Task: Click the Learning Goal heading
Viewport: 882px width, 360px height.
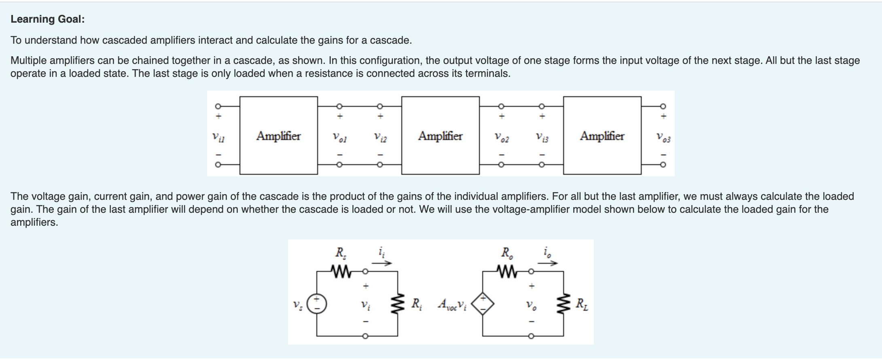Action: [x=47, y=19]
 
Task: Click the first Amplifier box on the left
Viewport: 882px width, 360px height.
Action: [x=278, y=136]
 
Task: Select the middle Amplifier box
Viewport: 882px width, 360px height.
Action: [x=440, y=136]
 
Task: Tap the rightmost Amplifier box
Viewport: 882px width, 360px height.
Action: [x=602, y=136]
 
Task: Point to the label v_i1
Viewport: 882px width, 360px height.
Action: [x=218, y=137]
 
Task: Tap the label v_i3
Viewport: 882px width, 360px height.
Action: [x=542, y=138]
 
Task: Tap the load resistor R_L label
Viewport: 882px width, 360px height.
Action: [x=582, y=303]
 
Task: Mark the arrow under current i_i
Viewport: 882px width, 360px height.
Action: [x=382, y=263]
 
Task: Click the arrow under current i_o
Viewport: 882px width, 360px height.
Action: [x=548, y=263]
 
